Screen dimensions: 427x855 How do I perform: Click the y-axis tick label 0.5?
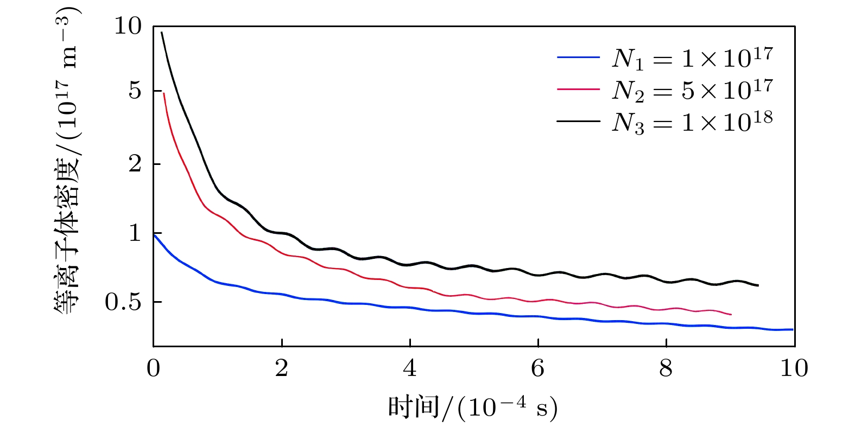122,303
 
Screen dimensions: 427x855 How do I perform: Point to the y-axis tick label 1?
135,233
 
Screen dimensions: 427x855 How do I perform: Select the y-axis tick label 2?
135,164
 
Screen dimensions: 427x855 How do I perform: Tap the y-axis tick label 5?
135,91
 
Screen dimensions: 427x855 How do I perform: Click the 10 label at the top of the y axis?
128,26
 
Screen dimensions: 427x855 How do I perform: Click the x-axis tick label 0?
154,369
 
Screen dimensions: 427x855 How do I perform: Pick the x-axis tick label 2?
282,369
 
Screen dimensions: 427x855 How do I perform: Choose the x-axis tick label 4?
410,369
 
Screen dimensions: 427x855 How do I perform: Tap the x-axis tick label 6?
538,369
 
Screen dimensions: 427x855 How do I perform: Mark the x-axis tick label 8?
666,369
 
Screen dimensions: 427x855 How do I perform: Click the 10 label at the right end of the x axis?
794,369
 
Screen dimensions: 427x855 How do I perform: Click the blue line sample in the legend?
578,57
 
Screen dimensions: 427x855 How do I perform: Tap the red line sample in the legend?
578,88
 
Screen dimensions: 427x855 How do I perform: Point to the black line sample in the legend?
578,121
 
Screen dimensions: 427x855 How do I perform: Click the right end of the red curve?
731,314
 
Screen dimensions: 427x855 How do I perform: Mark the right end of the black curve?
758,285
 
